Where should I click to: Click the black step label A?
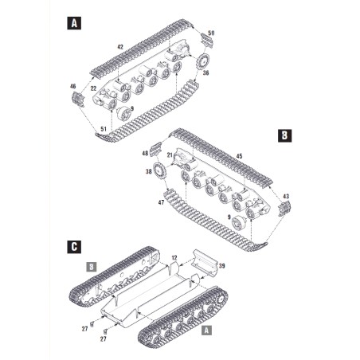74,23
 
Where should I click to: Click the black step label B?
284,135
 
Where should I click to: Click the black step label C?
74,247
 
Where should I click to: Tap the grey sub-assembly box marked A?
207,331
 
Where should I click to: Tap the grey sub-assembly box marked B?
92,267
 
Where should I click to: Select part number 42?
120,47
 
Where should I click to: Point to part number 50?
211,33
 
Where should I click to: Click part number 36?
205,72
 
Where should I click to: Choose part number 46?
72,86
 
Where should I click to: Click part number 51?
104,129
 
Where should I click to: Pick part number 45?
239,156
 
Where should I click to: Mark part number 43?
286,197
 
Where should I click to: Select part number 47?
161,202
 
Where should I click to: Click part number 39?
221,266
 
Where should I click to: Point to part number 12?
174,258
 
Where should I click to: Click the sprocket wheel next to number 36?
203,61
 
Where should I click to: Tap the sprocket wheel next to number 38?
158,171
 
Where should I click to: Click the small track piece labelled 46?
78,99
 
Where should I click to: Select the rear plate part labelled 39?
205,260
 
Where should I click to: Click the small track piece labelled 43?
284,209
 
